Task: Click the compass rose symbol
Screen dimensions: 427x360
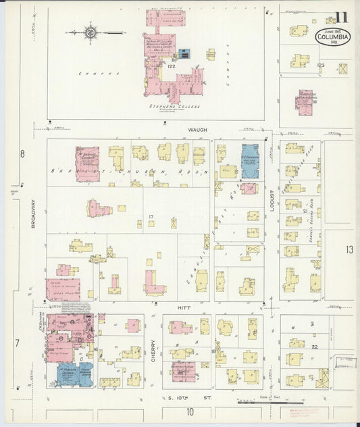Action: pos(90,31)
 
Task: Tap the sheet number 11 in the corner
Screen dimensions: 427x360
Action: pos(342,18)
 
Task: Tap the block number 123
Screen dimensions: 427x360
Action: pos(320,65)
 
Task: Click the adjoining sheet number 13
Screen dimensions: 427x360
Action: pos(349,250)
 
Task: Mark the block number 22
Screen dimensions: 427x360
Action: pos(315,346)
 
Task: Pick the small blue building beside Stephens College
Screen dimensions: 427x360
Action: pos(184,53)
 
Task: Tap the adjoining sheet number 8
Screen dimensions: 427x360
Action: pos(22,154)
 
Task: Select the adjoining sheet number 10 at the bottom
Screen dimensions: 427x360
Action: pos(190,411)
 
